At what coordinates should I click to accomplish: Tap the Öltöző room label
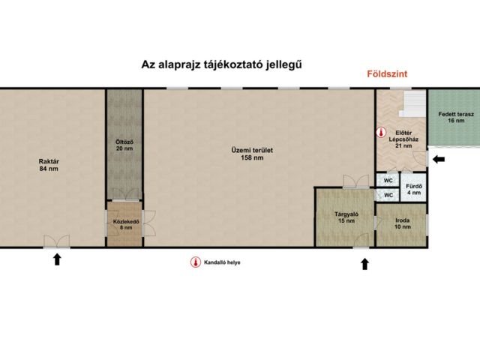(124, 145)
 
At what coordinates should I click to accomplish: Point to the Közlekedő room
(124, 225)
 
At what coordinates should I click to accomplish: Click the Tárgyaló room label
(346, 218)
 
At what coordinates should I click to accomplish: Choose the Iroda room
(403, 223)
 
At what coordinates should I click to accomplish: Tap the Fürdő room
(413, 190)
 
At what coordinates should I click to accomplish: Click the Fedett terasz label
(452, 117)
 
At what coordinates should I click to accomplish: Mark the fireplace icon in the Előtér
(381, 133)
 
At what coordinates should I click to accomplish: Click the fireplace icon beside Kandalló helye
(195, 263)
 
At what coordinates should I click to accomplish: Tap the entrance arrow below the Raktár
(56, 260)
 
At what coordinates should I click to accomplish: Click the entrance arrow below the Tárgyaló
(364, 263)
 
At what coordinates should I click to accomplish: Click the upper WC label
(388, 181)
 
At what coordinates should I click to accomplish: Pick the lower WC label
(388, 196)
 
